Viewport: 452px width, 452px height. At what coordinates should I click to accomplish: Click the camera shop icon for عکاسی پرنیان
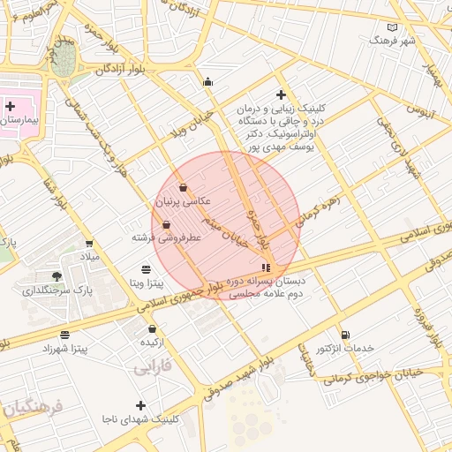point(183,187)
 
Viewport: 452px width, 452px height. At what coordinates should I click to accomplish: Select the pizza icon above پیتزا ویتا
point(147,269)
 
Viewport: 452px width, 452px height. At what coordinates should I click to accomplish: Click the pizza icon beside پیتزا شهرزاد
point(64,335)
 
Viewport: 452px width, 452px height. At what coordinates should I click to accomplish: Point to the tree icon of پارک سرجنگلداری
point(57,276)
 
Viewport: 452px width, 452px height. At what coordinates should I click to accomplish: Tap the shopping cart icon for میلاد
point(89,243)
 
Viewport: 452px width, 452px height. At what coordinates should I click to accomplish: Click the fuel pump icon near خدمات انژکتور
point(343,335)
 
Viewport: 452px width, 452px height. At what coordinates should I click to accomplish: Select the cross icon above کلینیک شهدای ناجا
point(139,405)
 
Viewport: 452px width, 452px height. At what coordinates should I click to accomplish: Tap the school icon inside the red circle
point(266,267)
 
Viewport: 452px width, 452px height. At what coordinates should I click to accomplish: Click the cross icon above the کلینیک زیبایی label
point(281,94)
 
